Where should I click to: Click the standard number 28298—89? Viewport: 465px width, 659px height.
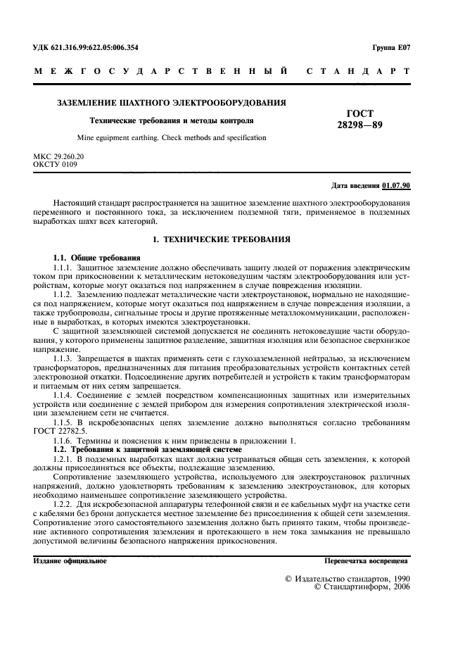[x=360, y=125]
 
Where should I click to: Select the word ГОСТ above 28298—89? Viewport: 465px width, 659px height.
[x=360, y=113]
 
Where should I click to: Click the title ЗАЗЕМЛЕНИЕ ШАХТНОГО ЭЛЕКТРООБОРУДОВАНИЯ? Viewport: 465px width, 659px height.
[x=170, y=103]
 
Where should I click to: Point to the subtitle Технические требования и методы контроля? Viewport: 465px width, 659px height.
[x=172, y=121]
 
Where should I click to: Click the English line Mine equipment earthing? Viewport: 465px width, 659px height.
[x=172, y=138]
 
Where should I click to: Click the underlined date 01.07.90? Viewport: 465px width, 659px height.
[x=396, y=186]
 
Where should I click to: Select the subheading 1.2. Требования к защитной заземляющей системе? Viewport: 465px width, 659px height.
[x=148, y=448]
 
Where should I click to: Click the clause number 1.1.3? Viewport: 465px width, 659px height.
[x=67, y=358]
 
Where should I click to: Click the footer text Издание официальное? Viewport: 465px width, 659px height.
[x=70, y=561]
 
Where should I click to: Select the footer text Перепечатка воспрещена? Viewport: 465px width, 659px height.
[x=365, y=561]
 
